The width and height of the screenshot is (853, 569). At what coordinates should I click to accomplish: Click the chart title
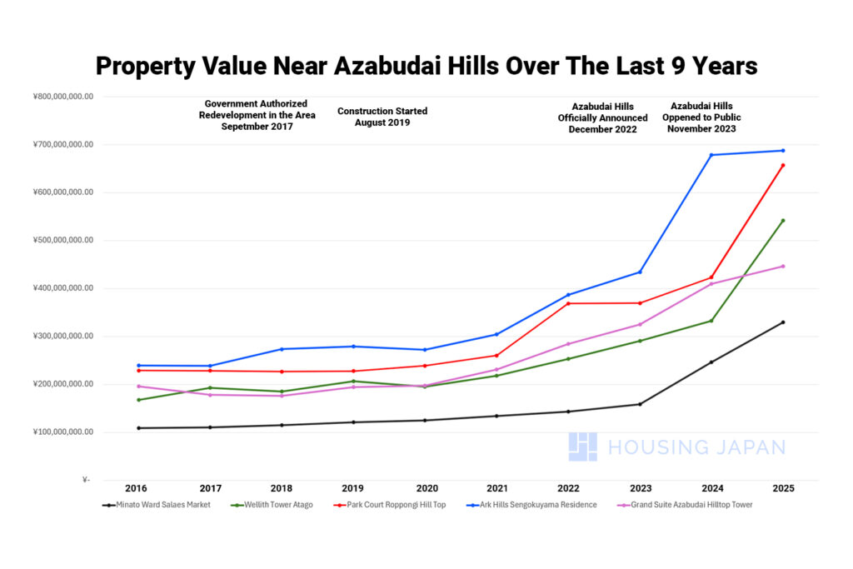426,65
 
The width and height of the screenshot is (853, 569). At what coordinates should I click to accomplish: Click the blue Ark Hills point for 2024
711,155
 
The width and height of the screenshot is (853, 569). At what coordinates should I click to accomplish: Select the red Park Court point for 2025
783,165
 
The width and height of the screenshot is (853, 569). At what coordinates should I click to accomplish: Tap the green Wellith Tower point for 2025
783,221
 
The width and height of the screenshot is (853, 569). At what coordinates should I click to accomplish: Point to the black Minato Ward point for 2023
640,404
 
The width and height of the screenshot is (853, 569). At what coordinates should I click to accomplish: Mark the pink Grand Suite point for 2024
711,284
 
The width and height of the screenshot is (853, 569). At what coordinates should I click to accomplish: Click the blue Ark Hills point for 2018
282,349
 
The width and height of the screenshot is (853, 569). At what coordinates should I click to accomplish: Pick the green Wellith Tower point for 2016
138,400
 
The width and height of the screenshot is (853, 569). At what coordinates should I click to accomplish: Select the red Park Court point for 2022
568,303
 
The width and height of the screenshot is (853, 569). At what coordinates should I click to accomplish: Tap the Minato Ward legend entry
157,505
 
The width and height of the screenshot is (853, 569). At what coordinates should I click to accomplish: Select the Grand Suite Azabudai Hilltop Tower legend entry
691,505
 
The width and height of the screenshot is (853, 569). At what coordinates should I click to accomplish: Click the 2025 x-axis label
783,488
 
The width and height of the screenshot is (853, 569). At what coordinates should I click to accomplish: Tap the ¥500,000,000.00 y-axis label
63,241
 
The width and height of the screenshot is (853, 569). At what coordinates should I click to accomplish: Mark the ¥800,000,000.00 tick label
63,97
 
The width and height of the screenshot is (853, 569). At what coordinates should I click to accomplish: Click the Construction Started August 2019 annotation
382,117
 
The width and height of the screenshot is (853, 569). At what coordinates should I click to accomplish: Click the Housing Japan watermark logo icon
583,447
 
